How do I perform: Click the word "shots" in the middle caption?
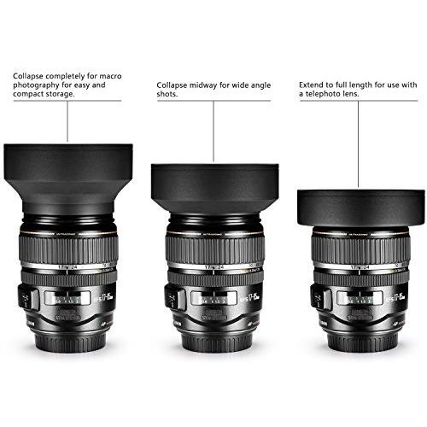tap(167, 95)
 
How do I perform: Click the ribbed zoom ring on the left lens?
tap(67, 248)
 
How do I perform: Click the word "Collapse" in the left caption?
tap(29, 75)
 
